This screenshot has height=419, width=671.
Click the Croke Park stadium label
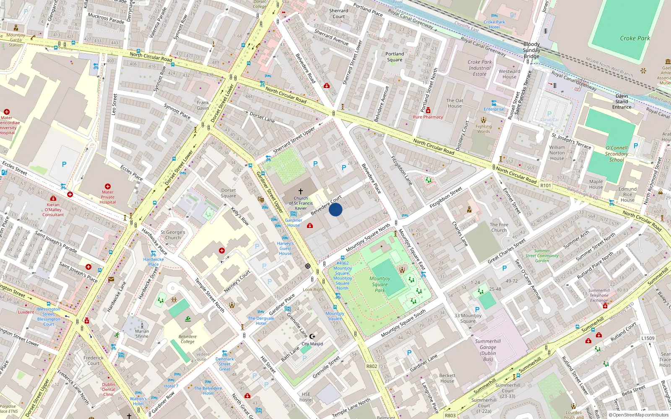coord(635,38)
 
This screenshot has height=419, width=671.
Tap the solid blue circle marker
coord(335,209)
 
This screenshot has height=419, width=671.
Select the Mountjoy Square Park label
coord(380,284)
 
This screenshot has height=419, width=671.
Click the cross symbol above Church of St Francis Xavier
coord(301,191)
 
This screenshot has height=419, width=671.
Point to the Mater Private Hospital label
coord(108,197)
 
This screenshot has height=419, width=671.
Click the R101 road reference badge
coord(546,186)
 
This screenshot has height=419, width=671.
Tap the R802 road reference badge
coord(372,366)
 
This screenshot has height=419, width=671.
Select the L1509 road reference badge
coord(648,338)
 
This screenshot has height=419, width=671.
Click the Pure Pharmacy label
coord(428,117)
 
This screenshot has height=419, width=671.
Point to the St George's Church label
coord(173,235)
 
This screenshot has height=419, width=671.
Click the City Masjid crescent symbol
coord(312,336)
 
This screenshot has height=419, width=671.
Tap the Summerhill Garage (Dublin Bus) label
coord(488,350)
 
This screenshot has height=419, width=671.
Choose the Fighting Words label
coord(484,129)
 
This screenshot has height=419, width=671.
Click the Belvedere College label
coord(187,339)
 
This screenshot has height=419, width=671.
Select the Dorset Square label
coord(229,193)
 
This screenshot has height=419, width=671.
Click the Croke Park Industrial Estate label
coord(480,68)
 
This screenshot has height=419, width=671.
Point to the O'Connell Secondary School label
coord(616,153)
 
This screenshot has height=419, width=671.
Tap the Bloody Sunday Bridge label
coord(531,50)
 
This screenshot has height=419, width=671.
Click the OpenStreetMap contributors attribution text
coord(640,415)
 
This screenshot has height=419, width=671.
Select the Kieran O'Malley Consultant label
coord(53,209)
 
